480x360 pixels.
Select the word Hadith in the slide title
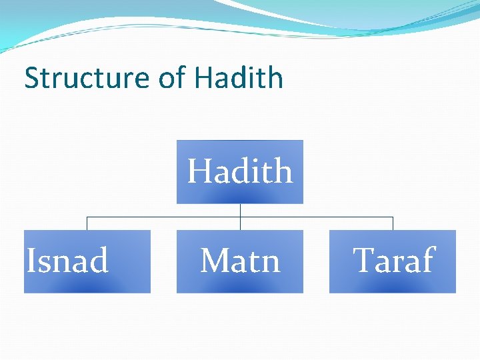(239, 78)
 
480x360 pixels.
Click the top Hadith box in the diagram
(239, 171)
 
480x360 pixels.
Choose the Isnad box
(87, 261)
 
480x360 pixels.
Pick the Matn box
(239, 261)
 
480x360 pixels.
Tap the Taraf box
(392, 261)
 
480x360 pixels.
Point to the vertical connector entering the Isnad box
(87, 224)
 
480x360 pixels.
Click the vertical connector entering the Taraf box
(393, 224)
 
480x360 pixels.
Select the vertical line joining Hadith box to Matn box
(240, 217)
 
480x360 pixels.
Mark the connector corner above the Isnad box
(87, 217)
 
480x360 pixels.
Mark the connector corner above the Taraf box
(393, 217)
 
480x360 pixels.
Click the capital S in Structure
(31, 78)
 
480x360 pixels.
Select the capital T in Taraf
(364, 260)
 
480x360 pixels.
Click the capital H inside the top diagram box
(199, 171)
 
